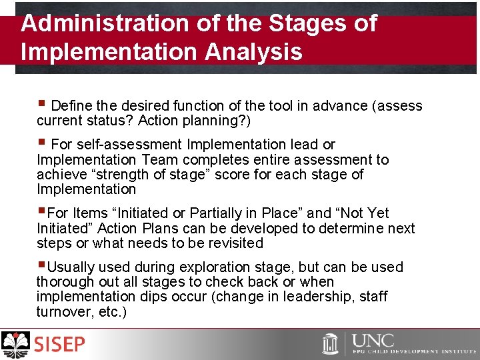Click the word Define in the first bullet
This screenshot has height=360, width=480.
click(71, 105)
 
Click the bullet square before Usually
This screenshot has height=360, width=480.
click(41, 265)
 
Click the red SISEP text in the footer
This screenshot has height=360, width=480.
click(60, 345)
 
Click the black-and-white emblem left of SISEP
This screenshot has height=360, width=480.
click(17, 345)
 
